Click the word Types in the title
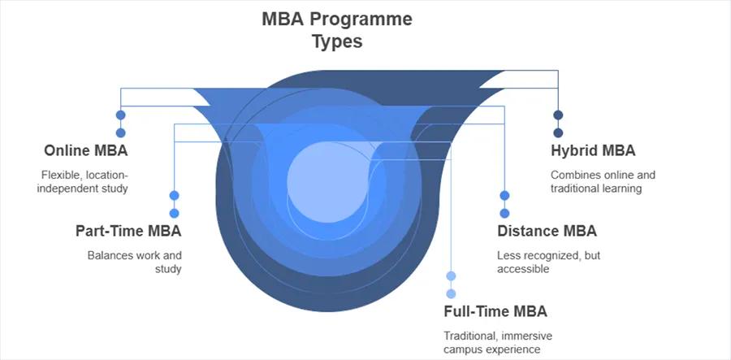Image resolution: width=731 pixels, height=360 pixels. click(337, 41)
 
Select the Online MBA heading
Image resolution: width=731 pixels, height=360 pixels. click(86, 150)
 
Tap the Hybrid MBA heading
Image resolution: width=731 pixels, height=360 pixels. click(593, 150)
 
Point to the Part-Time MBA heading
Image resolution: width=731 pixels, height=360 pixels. click(128, 231)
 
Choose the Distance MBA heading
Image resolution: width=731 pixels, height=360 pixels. click(547, 231)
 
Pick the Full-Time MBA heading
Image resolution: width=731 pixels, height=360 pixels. click(495, 311)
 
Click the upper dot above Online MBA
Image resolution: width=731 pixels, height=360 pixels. click(121, 115)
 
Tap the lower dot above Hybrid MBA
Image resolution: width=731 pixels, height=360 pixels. click(558, 133)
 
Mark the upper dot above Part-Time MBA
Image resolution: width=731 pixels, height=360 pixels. click(174, 195)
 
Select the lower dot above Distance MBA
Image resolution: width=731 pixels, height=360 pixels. click(504, 213)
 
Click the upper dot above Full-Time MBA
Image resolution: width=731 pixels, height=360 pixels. click(451, 276)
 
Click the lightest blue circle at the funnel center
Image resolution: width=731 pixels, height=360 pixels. click(327, 182)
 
